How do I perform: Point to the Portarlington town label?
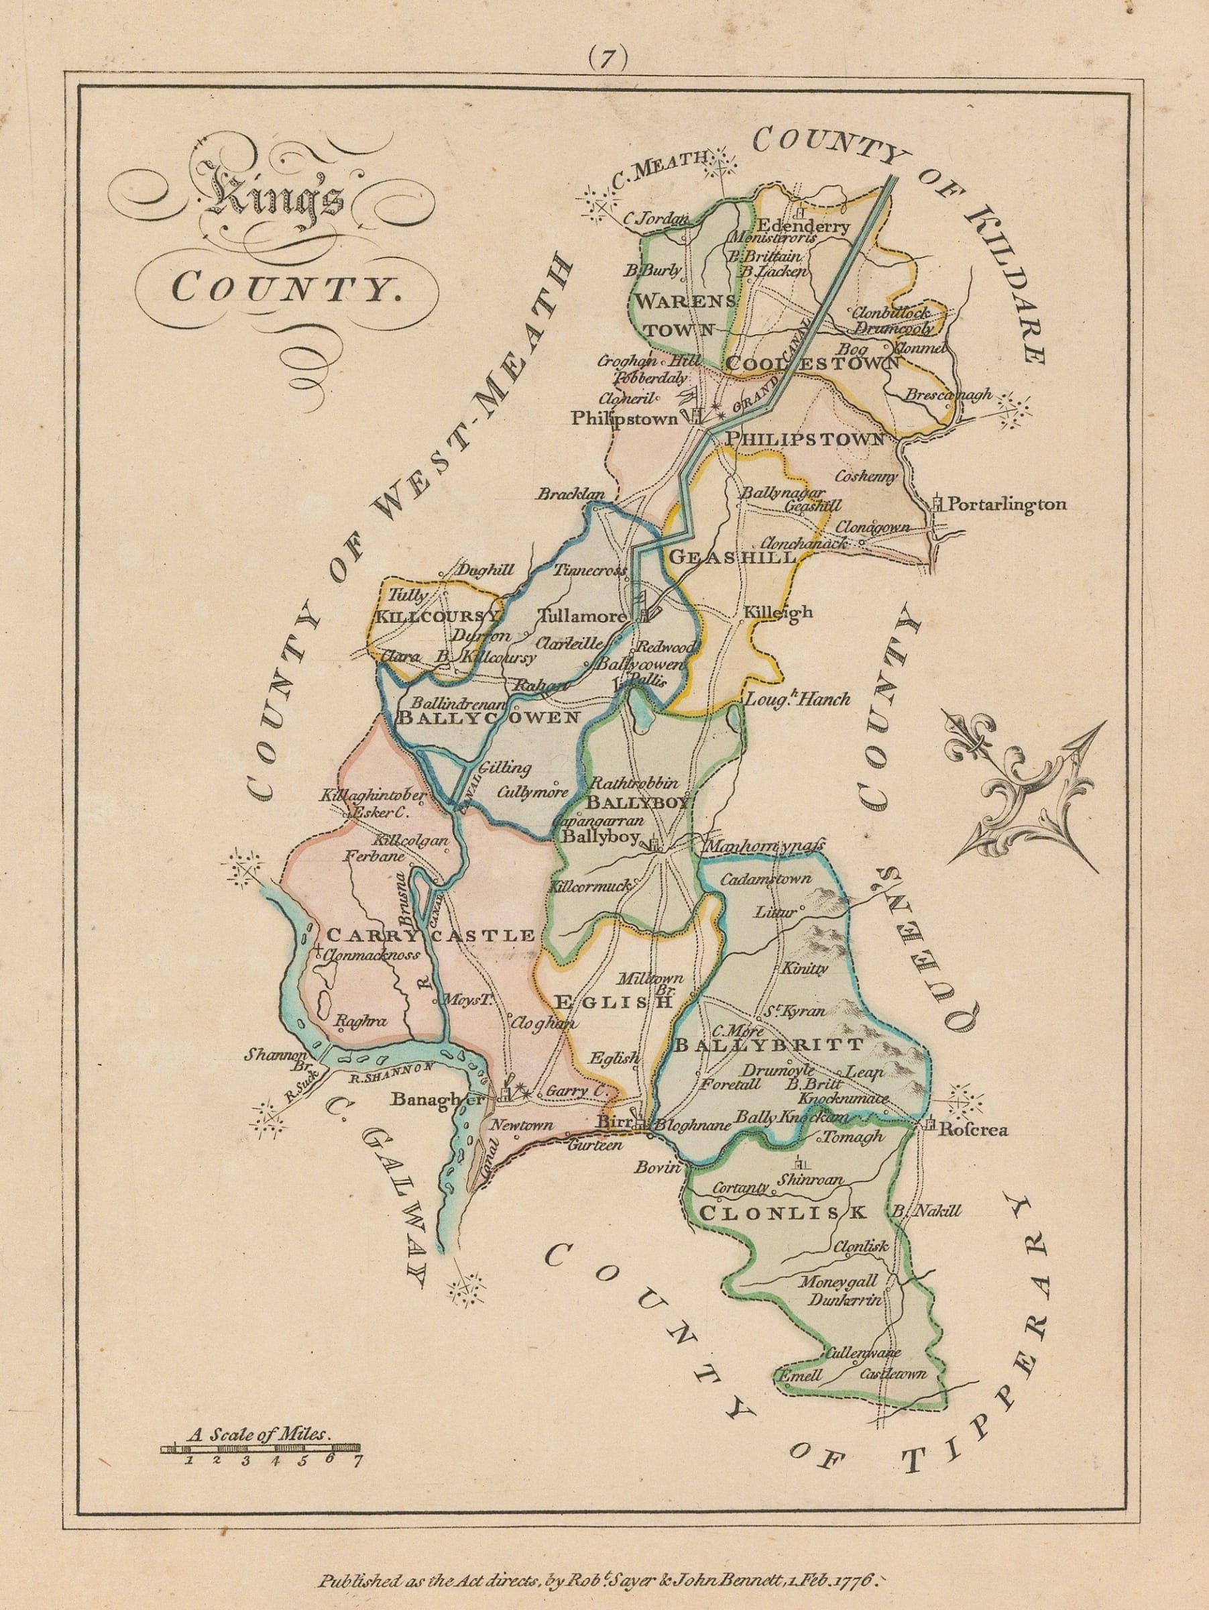tap(1007, 504)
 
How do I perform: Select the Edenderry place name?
tap(803, 226)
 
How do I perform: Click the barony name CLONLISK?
tap(781, 1213)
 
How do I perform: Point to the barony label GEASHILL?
tap(731, 557)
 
